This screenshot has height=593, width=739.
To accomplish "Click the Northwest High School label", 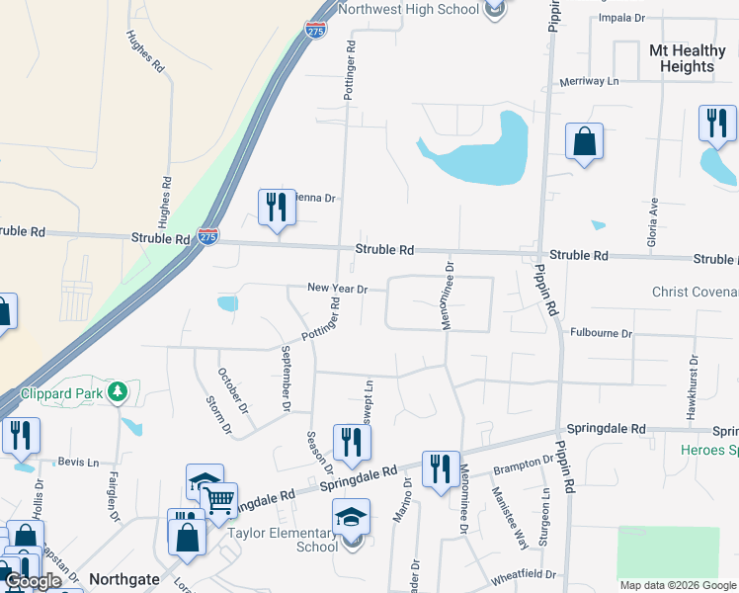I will coord(408,9).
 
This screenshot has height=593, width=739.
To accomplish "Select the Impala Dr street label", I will coord(621,18).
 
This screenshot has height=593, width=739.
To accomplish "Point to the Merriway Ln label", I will coord(588,82).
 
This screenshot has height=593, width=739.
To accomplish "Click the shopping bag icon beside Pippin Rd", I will coord(585,141).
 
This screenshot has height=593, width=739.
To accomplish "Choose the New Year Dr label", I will coord(337,289).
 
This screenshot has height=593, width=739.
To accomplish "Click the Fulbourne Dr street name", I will coord(601,334).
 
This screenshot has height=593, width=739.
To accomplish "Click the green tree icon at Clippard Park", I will coord(118,392).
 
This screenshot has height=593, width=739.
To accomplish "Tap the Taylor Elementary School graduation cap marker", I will coord(350,518).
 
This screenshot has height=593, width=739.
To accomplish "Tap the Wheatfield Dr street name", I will coord(525,574).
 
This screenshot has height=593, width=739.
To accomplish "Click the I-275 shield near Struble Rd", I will coord(207,237).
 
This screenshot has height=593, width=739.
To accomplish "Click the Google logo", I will coord(33,581).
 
